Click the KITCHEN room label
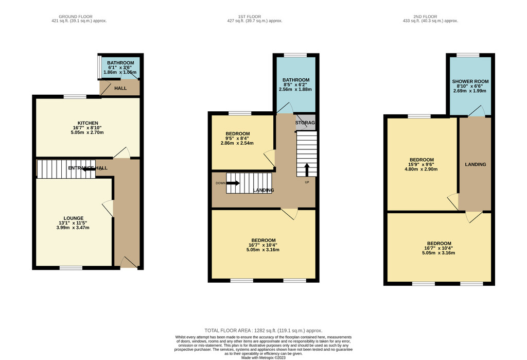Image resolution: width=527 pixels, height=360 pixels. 87,123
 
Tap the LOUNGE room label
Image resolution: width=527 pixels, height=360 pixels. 74,218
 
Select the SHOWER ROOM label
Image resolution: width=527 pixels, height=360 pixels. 470,81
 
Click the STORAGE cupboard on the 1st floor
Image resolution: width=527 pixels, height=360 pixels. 305,123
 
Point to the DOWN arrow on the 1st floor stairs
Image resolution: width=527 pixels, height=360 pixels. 233,183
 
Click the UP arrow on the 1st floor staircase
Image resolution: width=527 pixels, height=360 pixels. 307,170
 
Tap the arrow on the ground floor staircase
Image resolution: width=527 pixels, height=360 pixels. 89,169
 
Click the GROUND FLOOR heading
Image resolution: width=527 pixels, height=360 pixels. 76,16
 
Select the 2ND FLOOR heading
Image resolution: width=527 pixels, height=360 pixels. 425,16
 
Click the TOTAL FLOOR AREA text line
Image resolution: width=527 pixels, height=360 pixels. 263,331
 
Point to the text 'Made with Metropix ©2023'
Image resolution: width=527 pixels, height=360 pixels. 263,357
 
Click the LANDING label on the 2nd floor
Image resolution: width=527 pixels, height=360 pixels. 475,164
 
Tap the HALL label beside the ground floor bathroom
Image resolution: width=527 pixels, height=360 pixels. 120,88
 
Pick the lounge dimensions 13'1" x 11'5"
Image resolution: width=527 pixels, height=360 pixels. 73,223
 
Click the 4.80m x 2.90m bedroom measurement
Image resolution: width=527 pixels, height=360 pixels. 421,169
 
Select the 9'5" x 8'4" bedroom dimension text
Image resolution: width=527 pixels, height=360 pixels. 238,138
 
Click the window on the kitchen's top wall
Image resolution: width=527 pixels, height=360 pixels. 75,96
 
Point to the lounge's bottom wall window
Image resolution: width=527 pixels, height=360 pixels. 71,268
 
